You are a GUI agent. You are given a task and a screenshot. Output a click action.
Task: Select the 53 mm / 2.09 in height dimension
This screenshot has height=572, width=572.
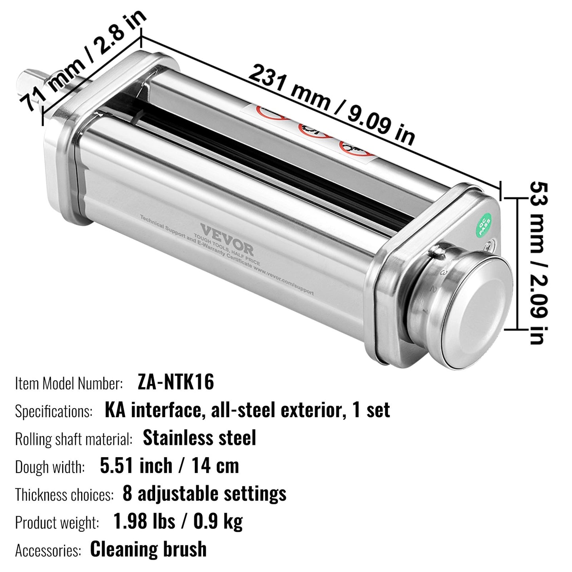click(x=539, y=263)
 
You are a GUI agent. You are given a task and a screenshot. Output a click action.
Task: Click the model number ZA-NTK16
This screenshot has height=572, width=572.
click(x=176, y=382)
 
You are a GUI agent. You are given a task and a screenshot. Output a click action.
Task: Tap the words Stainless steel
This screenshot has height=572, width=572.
click(x=200, y=438)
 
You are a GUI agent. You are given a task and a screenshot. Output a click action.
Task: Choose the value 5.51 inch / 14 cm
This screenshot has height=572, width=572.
click(x=169, y=466)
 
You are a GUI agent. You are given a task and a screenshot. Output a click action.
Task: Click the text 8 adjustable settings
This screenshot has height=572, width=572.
click(x=204, y=494)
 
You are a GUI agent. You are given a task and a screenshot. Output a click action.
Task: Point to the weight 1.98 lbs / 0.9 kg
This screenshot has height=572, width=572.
click(x=178, y=522)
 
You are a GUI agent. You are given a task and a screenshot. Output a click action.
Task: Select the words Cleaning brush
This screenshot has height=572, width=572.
click(x=148, y=549)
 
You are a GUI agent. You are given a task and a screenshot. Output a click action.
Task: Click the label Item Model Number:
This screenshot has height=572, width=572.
click(x=69, y=383)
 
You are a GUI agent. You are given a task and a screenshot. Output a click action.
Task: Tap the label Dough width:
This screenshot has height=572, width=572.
click(x=50, y=467)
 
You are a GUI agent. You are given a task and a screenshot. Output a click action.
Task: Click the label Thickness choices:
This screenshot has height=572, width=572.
click(x=64, y=495)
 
